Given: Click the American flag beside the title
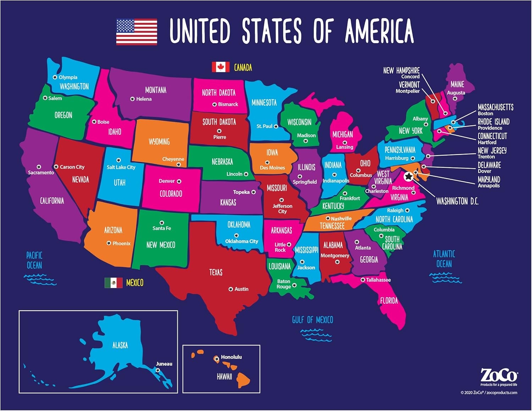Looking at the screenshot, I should (137, 32).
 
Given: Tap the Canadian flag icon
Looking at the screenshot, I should (220, 67).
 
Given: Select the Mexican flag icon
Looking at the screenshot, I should (113, 282).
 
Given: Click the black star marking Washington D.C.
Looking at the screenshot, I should (409, 176).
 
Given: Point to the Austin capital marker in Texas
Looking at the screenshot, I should (231, 289).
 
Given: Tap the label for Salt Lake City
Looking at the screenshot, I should (121, 167).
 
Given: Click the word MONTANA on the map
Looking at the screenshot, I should (156, 90).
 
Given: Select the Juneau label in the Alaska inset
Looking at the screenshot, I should (164, 364).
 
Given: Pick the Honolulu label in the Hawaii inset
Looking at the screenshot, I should (231, 357).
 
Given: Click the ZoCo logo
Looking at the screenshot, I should (499, 376).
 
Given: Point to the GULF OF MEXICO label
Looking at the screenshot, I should (312, 320).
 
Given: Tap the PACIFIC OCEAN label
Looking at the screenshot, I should (34, 260).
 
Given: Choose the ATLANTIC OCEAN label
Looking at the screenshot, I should (444, 259).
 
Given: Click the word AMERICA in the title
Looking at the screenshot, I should (379, 31).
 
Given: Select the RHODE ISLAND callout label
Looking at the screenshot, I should (493, 122).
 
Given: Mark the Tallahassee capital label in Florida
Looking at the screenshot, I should (378, 280).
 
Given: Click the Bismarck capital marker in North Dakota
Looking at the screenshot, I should (215, 105).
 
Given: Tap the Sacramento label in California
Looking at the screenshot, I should (41, 173).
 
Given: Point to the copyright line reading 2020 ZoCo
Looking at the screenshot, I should (489, 393).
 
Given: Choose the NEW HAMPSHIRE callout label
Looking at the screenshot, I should (401, 71).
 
